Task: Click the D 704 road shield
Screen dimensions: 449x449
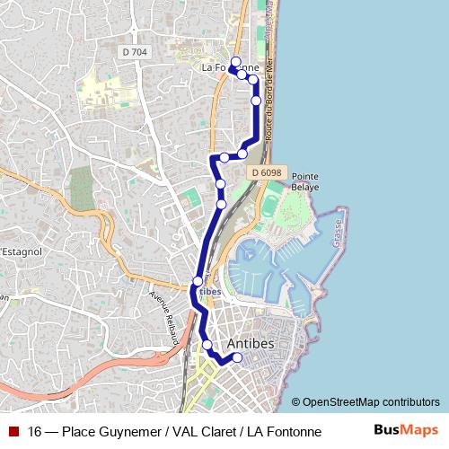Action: coord(134,52)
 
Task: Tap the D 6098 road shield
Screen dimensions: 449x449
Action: coord(267,172)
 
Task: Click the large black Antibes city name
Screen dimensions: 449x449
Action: coord(253,345)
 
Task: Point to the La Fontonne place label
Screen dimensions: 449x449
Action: coord(231,67)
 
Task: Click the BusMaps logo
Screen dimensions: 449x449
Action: coord(405,430)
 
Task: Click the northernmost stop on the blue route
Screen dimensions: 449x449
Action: coord(235,60)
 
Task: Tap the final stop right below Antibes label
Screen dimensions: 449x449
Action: coord(238,358)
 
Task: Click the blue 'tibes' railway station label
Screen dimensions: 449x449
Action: coord(209,292)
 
